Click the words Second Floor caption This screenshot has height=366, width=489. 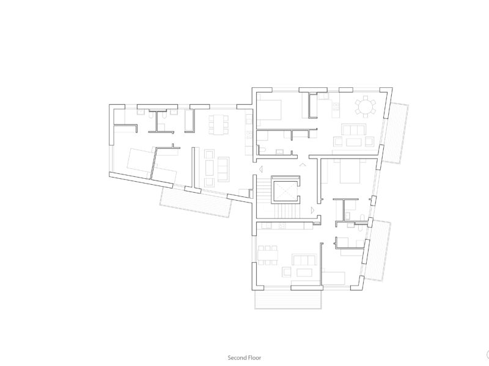click(x=244, y=357)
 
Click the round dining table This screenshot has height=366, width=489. click(x=365, y=107)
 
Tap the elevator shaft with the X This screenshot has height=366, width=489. click(x=285, y=190)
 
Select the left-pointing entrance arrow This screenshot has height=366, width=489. click(x=261, y=170)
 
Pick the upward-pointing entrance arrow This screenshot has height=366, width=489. click(x=302, y=164)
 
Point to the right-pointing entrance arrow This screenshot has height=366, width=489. click(x=313, y=210)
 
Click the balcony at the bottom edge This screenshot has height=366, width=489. click(x=288, y=300)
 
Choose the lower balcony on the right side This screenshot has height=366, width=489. click(x=377, y=251)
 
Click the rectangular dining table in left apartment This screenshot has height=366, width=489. click(x=218, y=125)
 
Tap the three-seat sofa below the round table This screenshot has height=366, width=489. click(x=353, y=129)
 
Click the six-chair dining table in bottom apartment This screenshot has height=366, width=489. click(x=268, y=255)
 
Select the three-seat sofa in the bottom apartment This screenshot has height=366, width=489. click(x=304, y=260)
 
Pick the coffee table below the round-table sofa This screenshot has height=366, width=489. click(x=353, y=142)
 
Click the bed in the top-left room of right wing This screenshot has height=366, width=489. click(x=269, y=110)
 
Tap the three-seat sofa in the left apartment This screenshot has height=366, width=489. click(x=223, y=170)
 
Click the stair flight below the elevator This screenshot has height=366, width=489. click(x=287, y=211)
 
